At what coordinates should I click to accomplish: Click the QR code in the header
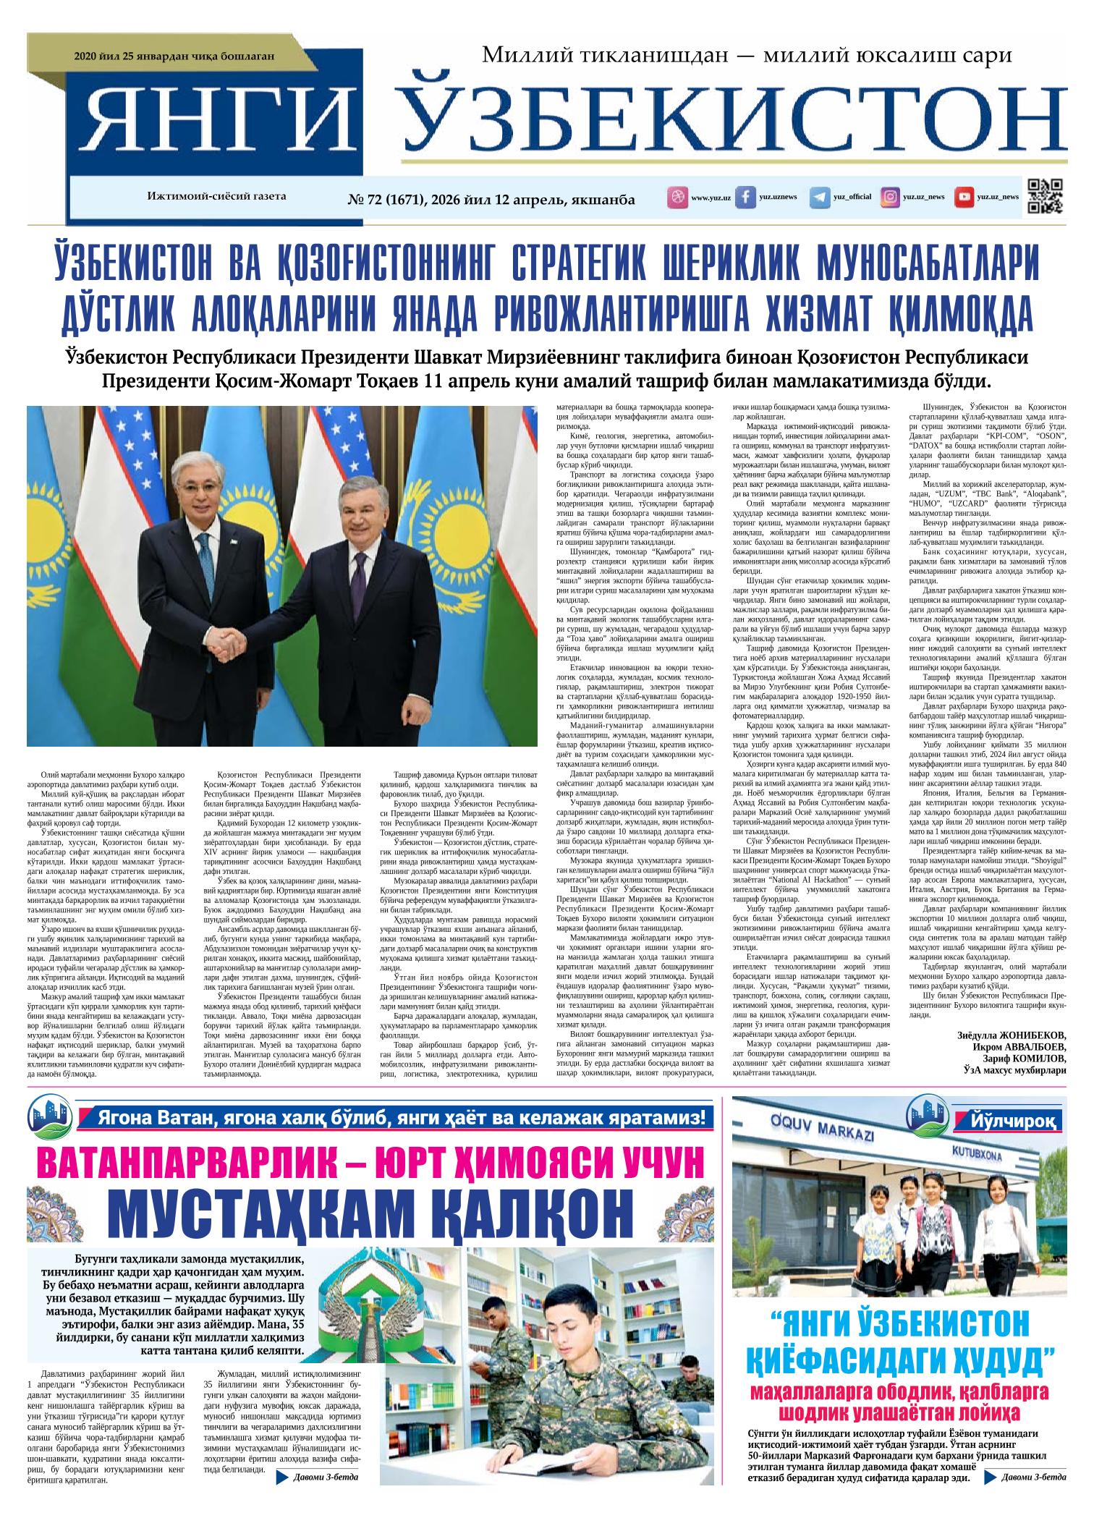[1045, 196]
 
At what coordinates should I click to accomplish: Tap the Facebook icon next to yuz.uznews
[745, 197]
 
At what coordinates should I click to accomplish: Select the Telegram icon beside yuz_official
[819, 197]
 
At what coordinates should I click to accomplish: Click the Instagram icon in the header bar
[891, 197]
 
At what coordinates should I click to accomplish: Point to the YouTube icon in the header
[963, 197]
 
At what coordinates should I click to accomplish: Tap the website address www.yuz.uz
[711, 198]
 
